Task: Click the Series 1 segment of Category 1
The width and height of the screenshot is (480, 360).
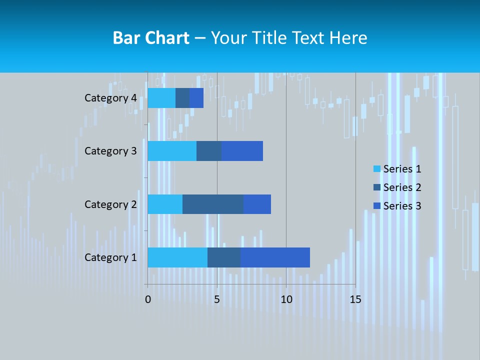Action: click(x=177, y=257)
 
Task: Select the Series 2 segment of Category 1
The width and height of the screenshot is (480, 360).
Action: click(x=224, y=257)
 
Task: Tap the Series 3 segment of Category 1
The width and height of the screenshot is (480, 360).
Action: click(x=275, y=257)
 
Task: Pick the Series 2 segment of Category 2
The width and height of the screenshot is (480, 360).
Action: click(x=213, y=204)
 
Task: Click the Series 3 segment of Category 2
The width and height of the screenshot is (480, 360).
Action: click(x=257, y=204)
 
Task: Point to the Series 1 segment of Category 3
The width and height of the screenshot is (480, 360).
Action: click(x=172, y=150)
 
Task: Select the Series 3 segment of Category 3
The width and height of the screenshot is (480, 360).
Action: click(x=242, y=150)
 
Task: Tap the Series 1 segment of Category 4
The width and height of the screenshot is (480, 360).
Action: click(x=161, y=97)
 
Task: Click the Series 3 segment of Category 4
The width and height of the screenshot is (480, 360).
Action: click(x=196, y=97)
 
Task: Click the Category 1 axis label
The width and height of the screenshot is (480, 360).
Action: click(x=110, y=257)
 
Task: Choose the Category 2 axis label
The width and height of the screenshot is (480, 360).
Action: click(x=110, y=204)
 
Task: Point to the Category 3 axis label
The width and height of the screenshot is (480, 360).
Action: click(x=110, y=151)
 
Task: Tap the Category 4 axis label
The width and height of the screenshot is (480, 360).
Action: click(x=110, y=98)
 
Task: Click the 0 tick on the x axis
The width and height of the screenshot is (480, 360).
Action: click(x=148, y=299)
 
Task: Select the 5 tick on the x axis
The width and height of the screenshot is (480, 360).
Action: click(x=217, y=299)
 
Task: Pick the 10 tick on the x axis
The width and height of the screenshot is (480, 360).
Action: click(x=286, y=299)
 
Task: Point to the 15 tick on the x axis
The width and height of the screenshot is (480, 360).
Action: click(x=355, y=299)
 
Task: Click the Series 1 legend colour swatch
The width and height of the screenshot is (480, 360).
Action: click(x=377, y=169)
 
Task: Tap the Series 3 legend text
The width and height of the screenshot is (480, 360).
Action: click(x=402, y=205)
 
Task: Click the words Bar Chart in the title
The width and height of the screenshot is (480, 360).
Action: click(x=151, y=38)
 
